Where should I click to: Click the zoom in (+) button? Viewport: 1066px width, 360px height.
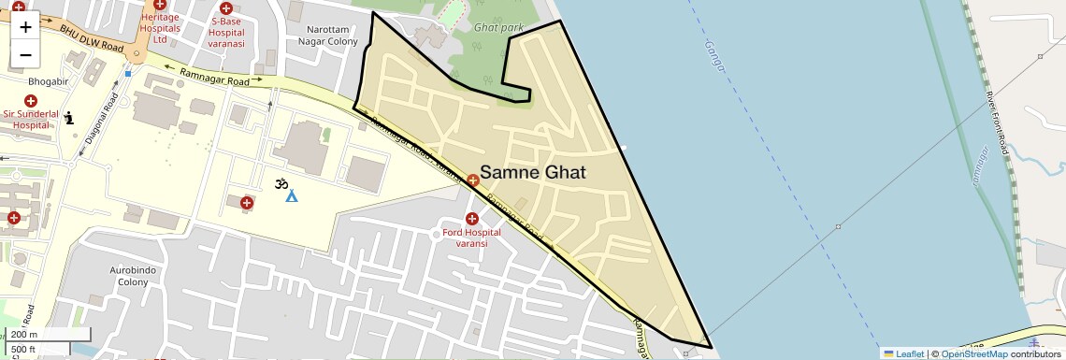25,26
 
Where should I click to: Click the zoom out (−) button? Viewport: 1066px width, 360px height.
25,54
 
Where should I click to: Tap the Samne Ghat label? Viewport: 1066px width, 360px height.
532,173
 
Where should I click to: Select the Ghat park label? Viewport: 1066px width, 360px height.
498,28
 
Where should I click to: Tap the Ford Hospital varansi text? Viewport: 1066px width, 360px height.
472,238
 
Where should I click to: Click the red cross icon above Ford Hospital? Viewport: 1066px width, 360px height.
472,219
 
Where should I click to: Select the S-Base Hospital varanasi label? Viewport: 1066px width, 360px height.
226,33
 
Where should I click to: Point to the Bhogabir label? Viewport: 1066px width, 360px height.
23,82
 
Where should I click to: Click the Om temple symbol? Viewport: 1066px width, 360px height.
280,184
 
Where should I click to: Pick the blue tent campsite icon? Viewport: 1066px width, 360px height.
292,196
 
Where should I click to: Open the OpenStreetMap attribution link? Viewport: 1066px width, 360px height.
973,353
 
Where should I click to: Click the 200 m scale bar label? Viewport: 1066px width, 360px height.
24,335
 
